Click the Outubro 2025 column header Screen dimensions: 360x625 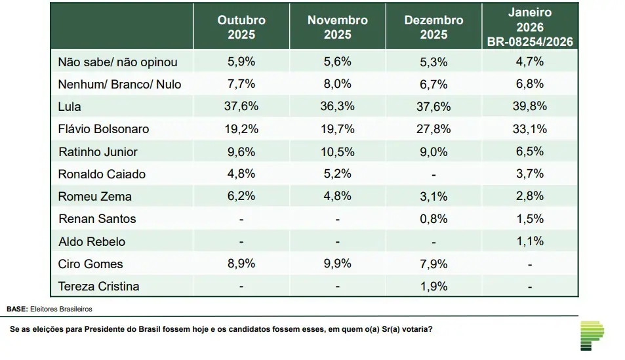point(241,28)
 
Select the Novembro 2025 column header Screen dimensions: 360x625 point(337,28)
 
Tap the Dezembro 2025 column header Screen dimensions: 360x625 point(433,28)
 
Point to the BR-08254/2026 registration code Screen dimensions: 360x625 point(530,42)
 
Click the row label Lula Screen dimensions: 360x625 point(70,106)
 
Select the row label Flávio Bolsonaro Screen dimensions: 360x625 point(104,129)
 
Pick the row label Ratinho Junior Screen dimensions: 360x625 point(98,151)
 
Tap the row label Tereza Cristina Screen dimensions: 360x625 point(98,287)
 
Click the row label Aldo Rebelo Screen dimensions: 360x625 point(92,241)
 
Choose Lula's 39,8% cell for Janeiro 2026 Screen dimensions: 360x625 point(530,106)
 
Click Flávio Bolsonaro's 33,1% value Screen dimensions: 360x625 point(530,129)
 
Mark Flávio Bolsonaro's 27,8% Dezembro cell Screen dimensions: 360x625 point(433,129)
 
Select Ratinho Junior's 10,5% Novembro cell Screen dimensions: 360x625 point(337,151)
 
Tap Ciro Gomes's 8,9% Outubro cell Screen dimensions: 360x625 point(241,264)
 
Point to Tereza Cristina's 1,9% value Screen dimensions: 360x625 point(433,287)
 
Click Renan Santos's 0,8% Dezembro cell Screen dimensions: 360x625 point(433,219)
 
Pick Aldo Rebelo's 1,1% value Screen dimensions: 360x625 point(530,241)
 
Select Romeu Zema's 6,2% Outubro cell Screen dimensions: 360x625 point(241,196)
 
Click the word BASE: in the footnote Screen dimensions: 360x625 point(17,308)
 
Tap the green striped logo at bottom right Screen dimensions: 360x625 point(592,335)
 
